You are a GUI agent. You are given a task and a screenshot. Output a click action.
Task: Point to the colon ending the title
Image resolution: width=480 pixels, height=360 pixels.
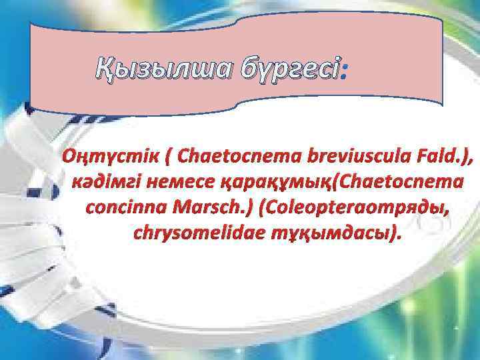[x=343, y=67]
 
